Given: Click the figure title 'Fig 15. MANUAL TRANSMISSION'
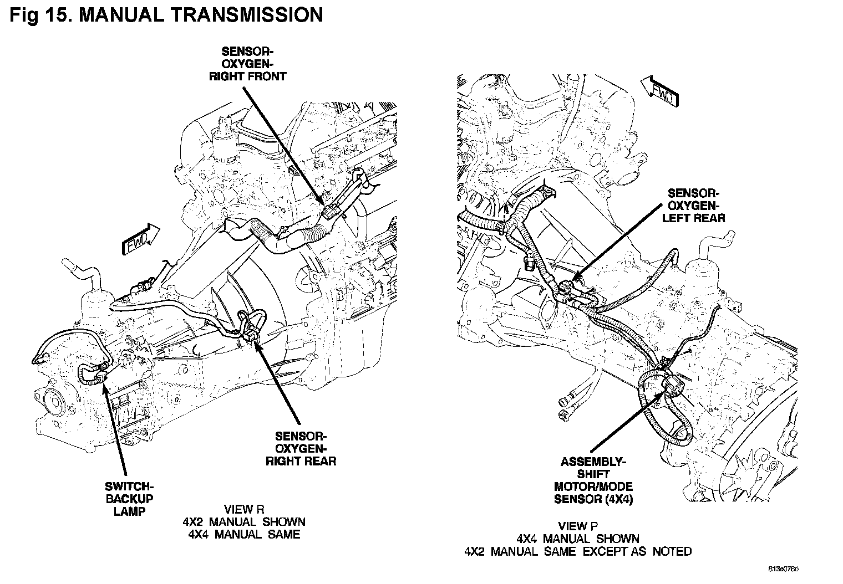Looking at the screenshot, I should click(x=166, y=15).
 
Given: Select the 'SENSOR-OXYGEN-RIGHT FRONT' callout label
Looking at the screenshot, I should click(x=247, y=64).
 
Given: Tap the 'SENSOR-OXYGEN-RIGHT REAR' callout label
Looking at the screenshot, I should click(x=301, y=448).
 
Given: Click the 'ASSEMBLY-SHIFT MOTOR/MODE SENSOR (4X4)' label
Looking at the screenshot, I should click(x=593, y=480).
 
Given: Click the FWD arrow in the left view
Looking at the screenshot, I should click(x=138, y=239).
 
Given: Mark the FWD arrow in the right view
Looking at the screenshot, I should click(x=659, y=90).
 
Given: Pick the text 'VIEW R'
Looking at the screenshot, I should click(x=244, y=509).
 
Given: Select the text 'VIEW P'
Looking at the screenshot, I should click(x=578, y=526).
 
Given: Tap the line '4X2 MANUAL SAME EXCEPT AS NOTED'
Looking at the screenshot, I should click(x=578, y=551).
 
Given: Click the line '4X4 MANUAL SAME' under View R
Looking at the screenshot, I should click(x=244, y=534).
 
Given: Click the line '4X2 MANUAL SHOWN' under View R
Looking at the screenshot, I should click(x=244, y=521).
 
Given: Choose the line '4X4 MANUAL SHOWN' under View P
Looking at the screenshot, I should click(x=578, y=539).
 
